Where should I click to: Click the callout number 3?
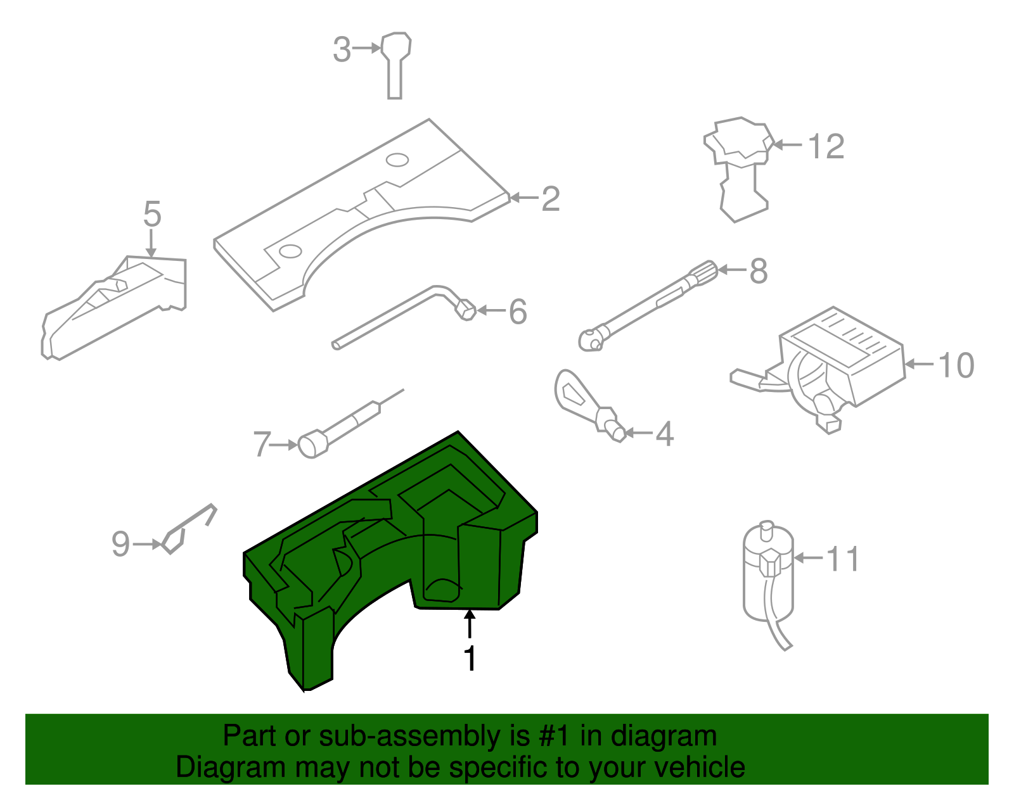(342, 49)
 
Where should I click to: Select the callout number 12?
(826, 146)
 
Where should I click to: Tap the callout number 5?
(152, 214)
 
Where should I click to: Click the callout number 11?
(843, 559)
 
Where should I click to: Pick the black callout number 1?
(470, 659)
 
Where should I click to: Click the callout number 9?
(120, 544)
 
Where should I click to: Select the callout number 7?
(261, 444)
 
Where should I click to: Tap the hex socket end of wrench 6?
(466, 310)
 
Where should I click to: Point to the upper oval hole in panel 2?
(397, 160)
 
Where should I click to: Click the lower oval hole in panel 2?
(290, 251)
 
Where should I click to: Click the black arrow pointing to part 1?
(470, 623)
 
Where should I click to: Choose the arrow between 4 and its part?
(639, 433)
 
